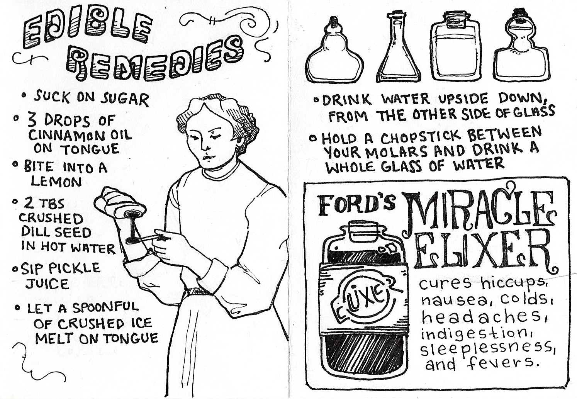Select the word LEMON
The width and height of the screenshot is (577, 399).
click(56, 182)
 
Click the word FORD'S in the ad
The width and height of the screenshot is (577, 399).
click(357, 205)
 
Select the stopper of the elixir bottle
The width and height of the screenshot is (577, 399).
click(362, 229)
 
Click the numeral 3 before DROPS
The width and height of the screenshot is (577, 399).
click(32, 121)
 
